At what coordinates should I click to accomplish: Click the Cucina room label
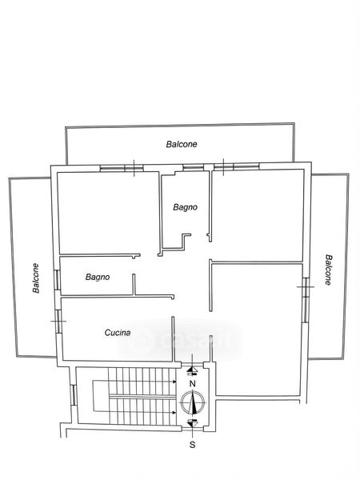(x=118, y=333)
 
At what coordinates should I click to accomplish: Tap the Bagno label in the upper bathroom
(x=186, y=207)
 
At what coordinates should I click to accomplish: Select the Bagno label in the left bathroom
(x=98, y=277)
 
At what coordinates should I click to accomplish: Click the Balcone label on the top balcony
(x=182, y=144)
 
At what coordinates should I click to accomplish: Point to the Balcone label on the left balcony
(x=36, y=278)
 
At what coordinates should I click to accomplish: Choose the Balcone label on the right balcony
(x=328, y=270)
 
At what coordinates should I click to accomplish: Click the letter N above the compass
(x=192, y=383)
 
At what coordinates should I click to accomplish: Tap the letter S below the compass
(x=192, y=445)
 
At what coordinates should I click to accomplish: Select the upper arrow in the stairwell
(x=134, y=382)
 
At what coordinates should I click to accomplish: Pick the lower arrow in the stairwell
(x=134, y=412)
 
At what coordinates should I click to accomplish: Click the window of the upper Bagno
(x=193, y=167)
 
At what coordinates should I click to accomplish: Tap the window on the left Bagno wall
(x=58, y=279)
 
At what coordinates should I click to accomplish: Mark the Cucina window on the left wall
(x=58, y=321)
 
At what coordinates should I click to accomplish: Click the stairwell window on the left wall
(x=73, y=395)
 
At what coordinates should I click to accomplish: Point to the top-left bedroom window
(x=122, y=168)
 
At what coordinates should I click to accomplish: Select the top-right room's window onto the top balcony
(x=237, y=166)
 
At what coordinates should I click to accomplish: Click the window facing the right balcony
(x=306, y=300)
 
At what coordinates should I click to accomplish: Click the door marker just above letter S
(x=192, y=423)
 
